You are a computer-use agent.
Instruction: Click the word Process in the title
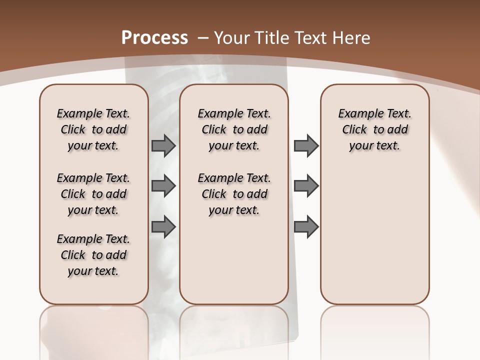pyautogui.click(x=154, y=37)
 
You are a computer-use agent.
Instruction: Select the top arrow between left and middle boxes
pyautogui.click(x=163, y=145)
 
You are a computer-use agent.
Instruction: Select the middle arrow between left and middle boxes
pyautogui.click(x=163, y=186)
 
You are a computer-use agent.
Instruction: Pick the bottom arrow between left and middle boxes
pyautogui.click(x=163, y=226)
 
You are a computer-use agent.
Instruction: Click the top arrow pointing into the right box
pyautogui.click(x=306, y=145)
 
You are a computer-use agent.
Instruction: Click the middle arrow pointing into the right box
pyautogui.click(x=306, y=186)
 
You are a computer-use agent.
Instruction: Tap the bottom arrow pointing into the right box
pyautogui.click(x=306, y=226)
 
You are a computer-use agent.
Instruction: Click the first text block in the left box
pyautogui.click(x=93, y=129)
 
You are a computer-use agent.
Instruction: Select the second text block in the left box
pyautogui.click(x=93, y=194)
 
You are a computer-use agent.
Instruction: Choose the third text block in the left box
pyautogui.click(x=93, y=255)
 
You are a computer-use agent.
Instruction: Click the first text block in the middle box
pyautogui.click(x=234, y=129)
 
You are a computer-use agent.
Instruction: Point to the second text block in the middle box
pyautogui.click(x=234, y=194)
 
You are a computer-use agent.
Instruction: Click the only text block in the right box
pyautogui.click(x=375, y=129)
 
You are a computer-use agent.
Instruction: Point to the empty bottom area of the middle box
pyautogui.click(x=234, y=265)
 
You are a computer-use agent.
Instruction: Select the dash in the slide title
pyautogui.click(x=203, y=37)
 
